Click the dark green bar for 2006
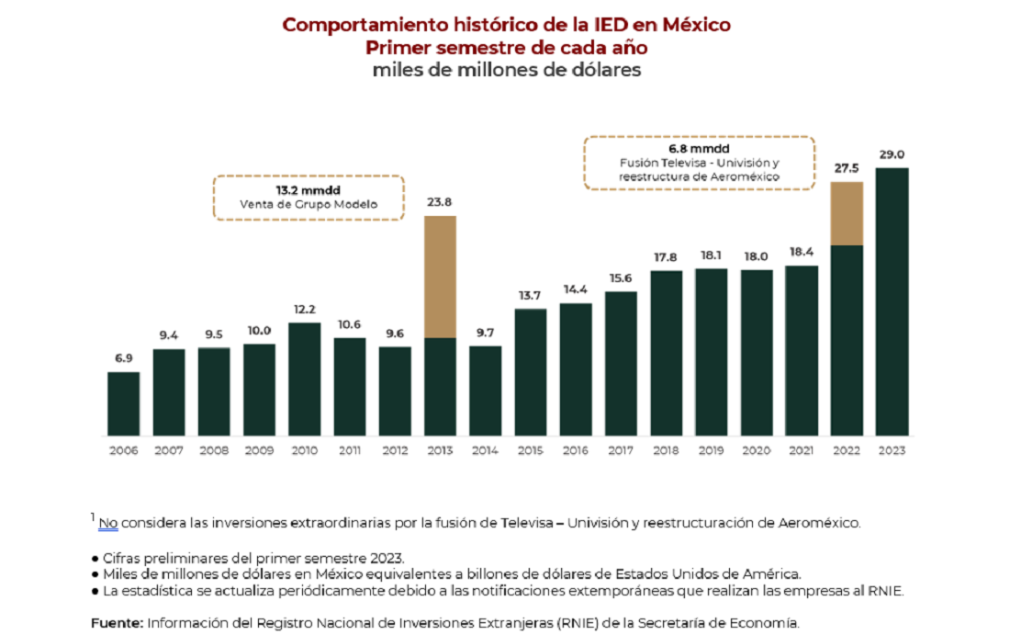[123, 403]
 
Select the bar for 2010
[304, 379]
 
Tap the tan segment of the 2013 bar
[440, 277]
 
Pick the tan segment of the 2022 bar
[847, 213]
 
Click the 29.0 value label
[892, 155]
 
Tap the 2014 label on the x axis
[485, 450]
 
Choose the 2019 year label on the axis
[711, 450]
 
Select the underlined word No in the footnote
[108, 523]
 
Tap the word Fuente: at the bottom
[117, 622]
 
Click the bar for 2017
[621, 363]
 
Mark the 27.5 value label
[847, 169]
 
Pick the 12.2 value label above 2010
[304, 310]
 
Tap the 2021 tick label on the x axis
[802, 450]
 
